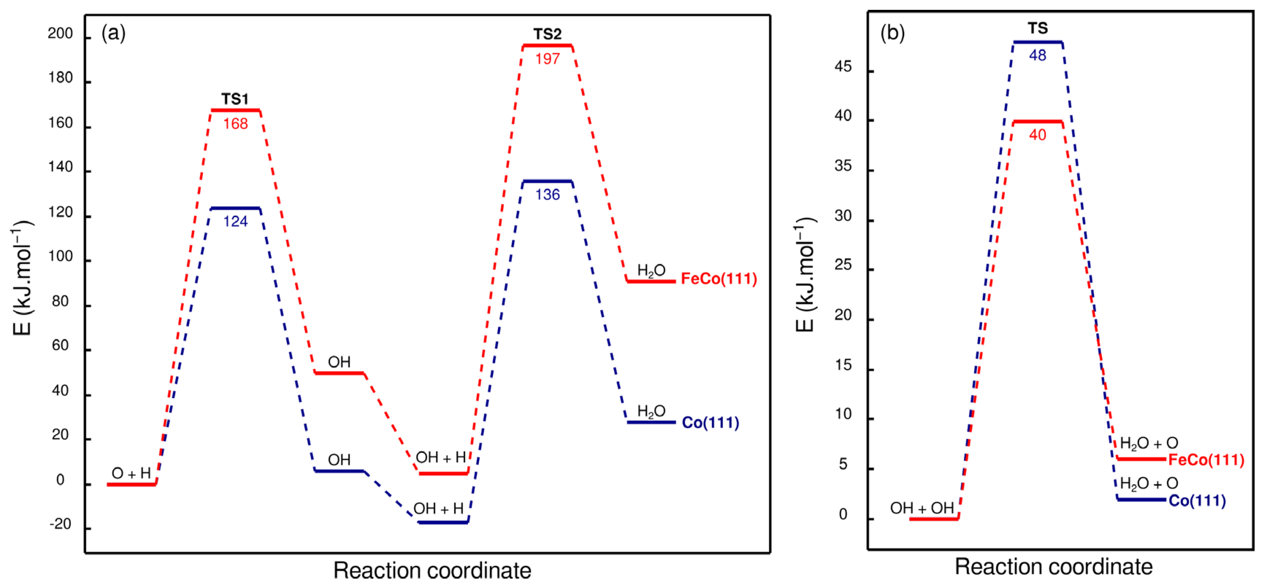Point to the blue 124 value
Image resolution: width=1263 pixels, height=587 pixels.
(236, 221)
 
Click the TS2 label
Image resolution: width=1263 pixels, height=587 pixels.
(547, 34)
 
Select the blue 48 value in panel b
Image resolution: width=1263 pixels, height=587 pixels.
(1037, 55)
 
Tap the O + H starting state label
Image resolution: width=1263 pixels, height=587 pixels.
(131, 473)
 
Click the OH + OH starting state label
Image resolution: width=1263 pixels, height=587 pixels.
(922, 508)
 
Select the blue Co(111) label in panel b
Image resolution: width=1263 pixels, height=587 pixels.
(1197, 501)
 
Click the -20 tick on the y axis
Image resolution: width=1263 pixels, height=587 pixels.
(60, 524)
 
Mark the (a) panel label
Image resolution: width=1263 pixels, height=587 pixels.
(113, 33)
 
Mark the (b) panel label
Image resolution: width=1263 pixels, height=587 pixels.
(892, 33)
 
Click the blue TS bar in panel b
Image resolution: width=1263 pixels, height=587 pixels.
(1037, 42)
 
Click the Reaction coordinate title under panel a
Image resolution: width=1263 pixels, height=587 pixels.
(432, 570)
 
